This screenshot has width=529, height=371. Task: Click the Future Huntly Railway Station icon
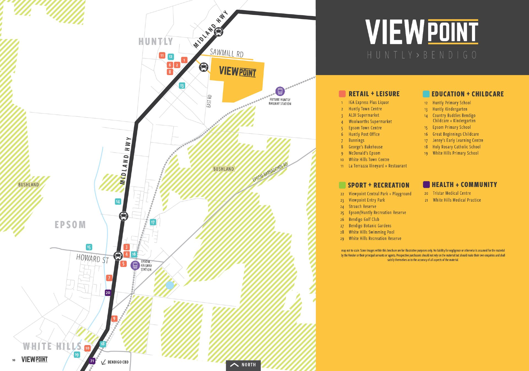(x=280, y=91)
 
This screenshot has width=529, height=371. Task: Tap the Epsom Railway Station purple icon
(x=135, y=265)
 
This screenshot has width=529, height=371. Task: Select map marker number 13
(x=182, y=86)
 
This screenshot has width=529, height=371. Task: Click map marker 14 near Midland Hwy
(x=118, y=202)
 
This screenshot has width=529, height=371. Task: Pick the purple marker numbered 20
(x=108, y=293)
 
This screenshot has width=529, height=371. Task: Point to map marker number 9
(x=114, y=319)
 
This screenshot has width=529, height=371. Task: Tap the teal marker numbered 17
(x=153, y=222)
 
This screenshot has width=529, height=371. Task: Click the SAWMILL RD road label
(x=226, y=53)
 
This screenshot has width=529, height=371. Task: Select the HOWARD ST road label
(x=93, y=258)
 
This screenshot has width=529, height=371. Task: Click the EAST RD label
(x=209, y=101)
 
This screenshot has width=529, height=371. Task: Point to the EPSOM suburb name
(x=70, y=225)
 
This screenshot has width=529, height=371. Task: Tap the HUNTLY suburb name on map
(x=156, y=42)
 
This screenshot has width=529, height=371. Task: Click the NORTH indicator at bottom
(x=244, y=365)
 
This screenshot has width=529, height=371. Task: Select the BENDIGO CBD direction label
(x=118, y=362)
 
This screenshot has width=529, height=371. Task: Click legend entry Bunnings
(x=356, y=140)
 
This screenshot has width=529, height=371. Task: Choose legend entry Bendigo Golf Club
(x=364, y=219)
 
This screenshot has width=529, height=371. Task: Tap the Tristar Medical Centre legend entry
(x=451, y=193)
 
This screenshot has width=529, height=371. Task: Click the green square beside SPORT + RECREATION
(x=342, y=185)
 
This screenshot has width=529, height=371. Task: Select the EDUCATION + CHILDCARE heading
(x=467, y=94)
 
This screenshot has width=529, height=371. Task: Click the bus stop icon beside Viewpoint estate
(x=204, y=67)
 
